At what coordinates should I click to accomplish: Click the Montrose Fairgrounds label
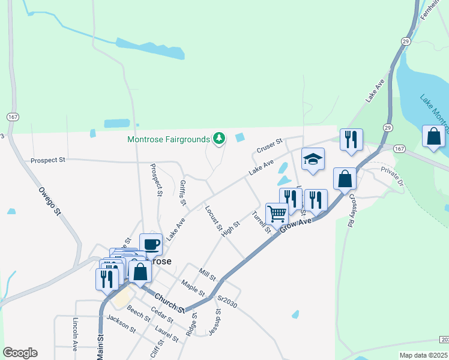point(170,139)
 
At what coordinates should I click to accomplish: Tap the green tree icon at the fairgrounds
point(220,139)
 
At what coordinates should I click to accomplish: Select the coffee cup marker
point(151,245)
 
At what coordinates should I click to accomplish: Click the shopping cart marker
point(277,214)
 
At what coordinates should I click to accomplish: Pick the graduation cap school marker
point(313,159)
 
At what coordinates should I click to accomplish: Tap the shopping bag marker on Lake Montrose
point(433,137)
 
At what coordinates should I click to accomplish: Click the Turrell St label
point(262,223)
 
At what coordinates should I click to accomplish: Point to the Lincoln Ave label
point(76,334)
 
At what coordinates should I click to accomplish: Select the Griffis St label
point(184,193)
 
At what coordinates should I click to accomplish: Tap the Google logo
point(19,353)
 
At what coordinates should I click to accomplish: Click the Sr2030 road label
point(228,301)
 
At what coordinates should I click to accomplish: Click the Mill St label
point(208,274)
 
